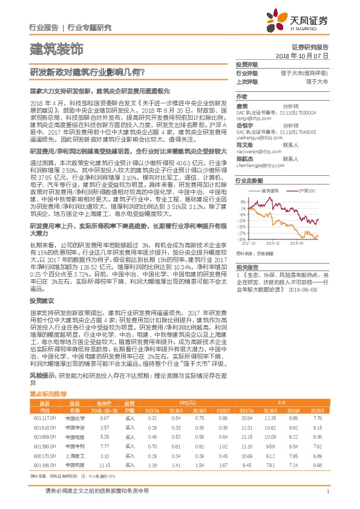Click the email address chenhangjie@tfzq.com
coord(260,164)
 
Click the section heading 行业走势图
coord(249,180)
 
